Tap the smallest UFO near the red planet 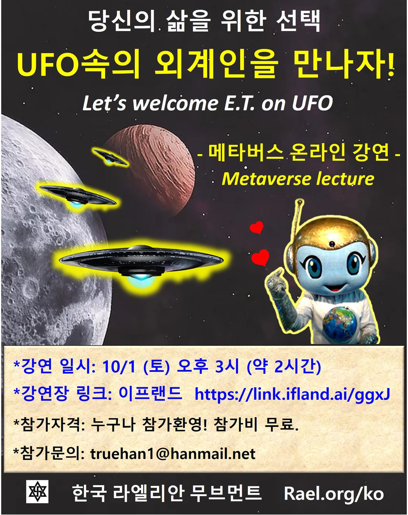(x=110, y=157)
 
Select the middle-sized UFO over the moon (x=78, y=195)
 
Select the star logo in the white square (x=37, y=493)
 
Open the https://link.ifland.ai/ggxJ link (x=292, y=394)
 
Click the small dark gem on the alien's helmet (x=332, y=244)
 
